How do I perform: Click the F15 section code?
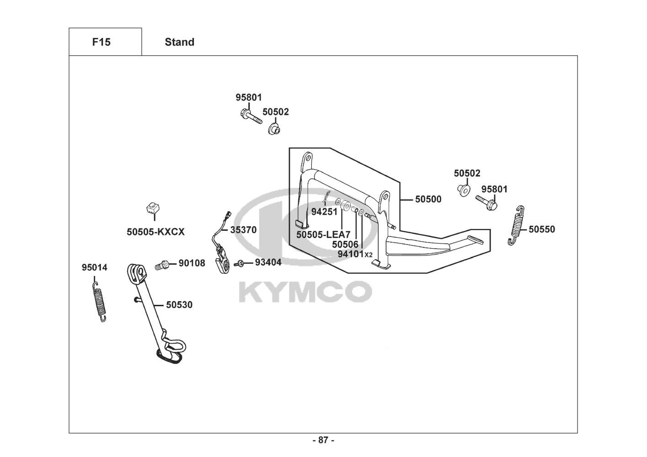[101, 42]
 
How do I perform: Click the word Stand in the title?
[179, 42]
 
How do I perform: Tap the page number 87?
[323, 440]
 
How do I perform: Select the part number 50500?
[428, 199]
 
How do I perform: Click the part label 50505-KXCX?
[155, 232]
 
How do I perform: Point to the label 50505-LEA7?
[323, 234]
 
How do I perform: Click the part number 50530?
[179, 304]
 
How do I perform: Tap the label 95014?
[95, 267]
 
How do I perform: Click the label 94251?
[324, 212]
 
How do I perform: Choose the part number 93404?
[268, 262]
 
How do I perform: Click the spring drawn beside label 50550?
[515, 225]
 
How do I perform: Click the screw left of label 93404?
[239, 264]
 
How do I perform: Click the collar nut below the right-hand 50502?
[463, 189]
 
